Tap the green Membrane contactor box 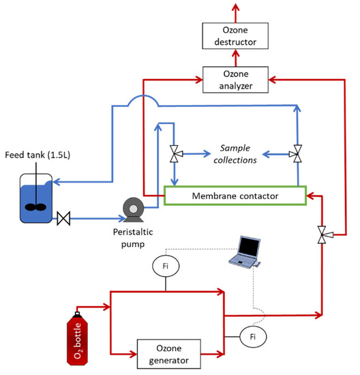[235, 196]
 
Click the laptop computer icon [243, 252]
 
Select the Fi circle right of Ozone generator [253, 336]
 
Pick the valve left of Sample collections [176, 155]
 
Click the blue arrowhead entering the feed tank [55, 182]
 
